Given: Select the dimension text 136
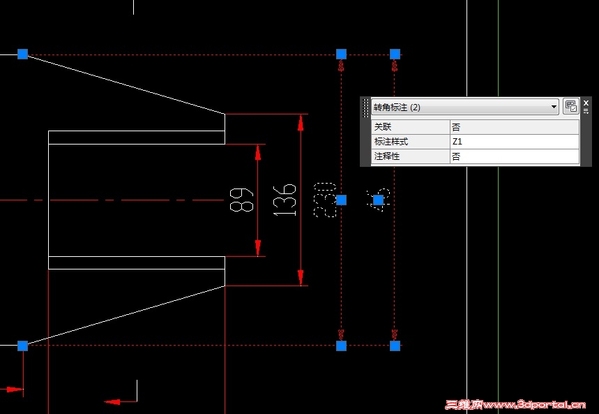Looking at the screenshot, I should click(286, 200).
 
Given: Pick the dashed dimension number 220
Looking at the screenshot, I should click(325, 200).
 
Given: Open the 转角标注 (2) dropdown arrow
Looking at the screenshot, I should click(554, 107).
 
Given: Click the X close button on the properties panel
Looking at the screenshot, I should click(586, 103).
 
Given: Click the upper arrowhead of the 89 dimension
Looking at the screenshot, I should click(258, 152).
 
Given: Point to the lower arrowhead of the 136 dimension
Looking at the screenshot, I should click(301, 277).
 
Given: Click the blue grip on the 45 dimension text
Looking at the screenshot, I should click(379, 200).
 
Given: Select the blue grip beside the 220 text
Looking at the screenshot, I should click(341, 200).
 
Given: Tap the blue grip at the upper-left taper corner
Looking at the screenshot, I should click(22, 54).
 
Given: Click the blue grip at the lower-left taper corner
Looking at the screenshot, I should click(22, 346).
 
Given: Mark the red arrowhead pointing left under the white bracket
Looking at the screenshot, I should click(112, 401).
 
